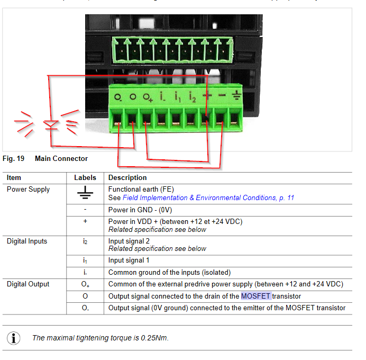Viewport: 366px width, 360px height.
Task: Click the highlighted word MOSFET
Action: pos(256,296)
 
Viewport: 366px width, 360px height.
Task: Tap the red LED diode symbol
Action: pos(51,125)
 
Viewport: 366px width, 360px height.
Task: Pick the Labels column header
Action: pos(85,178)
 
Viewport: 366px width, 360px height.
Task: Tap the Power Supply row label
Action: pos(28,190)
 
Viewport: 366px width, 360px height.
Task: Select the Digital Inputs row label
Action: pos(26,241)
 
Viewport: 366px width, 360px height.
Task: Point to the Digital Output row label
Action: pos(28,284)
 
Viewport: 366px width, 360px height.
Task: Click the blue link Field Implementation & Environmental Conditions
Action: pos(208,198)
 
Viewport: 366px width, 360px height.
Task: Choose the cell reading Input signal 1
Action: pos(129,260)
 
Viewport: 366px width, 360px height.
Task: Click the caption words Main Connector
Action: pos(61,159)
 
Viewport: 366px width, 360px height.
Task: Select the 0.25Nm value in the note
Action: pos(154,338)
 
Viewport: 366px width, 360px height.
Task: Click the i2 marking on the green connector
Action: pos(193,97)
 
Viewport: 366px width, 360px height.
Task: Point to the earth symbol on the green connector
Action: pos(236,96)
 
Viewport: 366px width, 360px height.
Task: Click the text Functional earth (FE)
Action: pos(141,189)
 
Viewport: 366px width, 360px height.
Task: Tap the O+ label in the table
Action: pos(85,285)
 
